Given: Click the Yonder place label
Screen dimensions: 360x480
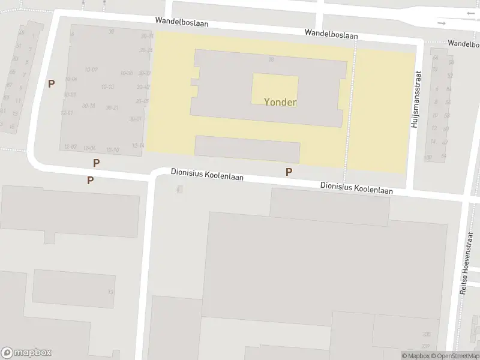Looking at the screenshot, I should (280, 102).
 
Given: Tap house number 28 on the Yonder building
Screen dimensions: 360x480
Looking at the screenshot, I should (271, 59).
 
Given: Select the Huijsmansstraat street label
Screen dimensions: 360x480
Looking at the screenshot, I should (414, 99).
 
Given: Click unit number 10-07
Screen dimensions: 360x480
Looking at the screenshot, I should (91, 70).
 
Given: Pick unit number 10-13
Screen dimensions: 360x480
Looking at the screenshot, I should (107, 87).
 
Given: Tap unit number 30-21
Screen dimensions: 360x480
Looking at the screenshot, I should (112, 108).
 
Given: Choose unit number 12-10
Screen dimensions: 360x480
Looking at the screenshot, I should (112, 150).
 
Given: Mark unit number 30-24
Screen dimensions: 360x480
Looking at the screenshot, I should (146, 50).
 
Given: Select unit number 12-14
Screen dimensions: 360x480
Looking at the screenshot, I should (138, 146).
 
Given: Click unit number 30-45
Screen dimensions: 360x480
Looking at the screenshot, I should (143, 101).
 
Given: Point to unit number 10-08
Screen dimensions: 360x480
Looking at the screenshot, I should (126, 73).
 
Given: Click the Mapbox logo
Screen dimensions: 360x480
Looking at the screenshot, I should (26, 353).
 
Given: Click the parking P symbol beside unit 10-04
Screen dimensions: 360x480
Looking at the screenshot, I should (52, 84).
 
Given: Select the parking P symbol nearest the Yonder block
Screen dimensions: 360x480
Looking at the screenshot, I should (289, 172).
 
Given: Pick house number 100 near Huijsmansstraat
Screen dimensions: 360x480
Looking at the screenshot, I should (428, 158).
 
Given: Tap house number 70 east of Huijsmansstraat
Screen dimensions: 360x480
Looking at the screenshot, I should (434, 69).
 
